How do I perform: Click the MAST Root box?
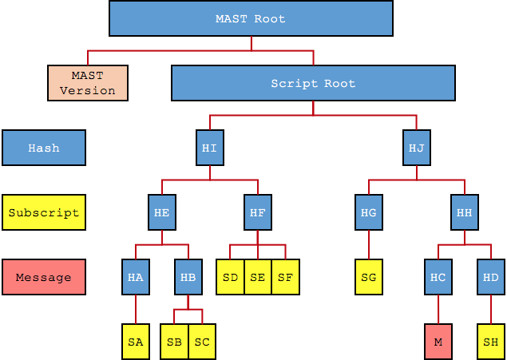pyautogui.click(x=251, y=18)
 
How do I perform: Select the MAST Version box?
pyautogui.click(x=88, y=83)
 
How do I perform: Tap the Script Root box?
pyautogui.click(x=313, y=83)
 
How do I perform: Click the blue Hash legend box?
pyautogui.click(x=44, y=148)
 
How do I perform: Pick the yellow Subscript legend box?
pyautogui.click(x=44, y=212)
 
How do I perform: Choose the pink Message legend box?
pyautogui.click(x=44, y=277)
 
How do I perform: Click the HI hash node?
pyautogui.click(x=209, y=148)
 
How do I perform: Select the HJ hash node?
pyautogui.click(x=416, y=148)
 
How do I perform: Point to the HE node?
pyautogui.click(x=161, y=212)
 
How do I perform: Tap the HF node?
pyautogui.click(x=257, y=212)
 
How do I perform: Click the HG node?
pyautogui.click(x=368, y=212)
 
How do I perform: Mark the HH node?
pyautogui.click(x=464, y=212)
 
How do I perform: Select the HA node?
pyautogui.click(x=136, y=277)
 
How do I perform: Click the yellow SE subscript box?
pyautogui.click(x=257, y=277)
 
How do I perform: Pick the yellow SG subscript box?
pyautogui.click(x=368, y=277)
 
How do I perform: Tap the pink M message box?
pyautogui.click(x=438, y=342)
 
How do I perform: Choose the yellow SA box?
pyautogui.click(x=136, y=342)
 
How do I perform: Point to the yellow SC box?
pyautogui.click(x=202, y=342)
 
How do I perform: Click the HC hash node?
pyautogui.click(x=438, y=277)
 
